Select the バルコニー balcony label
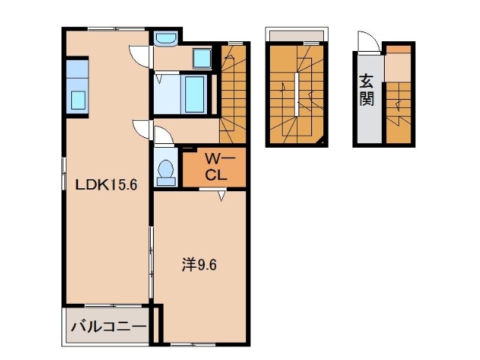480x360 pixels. click(x=108, y=327)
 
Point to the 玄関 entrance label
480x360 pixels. click(x=366, y=89)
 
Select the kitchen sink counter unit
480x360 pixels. click(x=77, y=86)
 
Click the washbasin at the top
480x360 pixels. click(x=164, y=38)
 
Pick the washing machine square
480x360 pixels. click(x=202, y=58)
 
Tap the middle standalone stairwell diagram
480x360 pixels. click(x=297, y=92)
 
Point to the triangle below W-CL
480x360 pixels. click(x=222, y=196)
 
